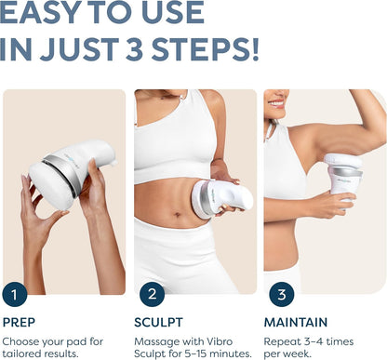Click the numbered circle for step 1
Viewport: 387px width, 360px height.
(x=15, y=294)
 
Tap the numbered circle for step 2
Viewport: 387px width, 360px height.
(x=152, y=294)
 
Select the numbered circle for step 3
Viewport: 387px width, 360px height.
(x=282, y=294)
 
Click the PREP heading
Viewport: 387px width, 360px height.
(x=19, y=322)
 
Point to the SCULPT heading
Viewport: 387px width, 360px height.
(x=158, y=322)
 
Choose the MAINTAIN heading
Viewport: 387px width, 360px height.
(x=296, y=322)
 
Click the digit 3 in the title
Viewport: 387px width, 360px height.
(x=134, y=49)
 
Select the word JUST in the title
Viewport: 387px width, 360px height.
(x=79, y=49)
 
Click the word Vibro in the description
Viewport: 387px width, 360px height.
(x=219, y=341)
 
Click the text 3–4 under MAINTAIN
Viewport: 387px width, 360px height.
(x=315, y=341)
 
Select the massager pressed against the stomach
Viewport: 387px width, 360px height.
(x=221, y=198)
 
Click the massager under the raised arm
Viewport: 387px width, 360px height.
(x=343, y=177)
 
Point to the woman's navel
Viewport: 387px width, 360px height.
(x=177, y=214)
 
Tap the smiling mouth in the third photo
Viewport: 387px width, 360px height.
(x=276, y=104)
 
